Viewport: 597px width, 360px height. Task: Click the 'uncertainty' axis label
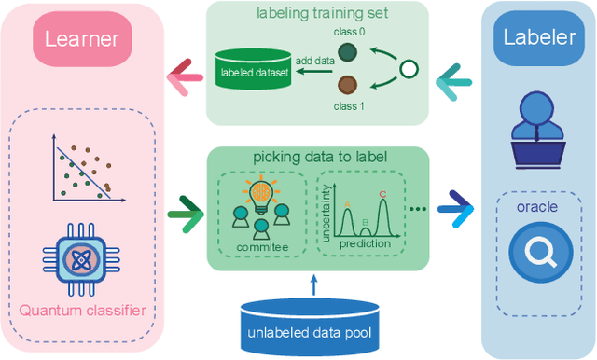tap(322, 220)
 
